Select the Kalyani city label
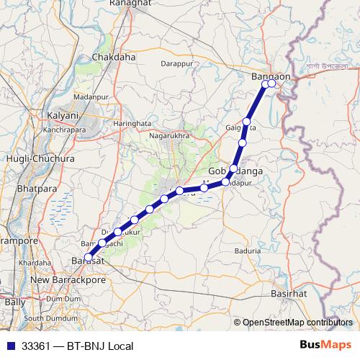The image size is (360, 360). pos(62,115)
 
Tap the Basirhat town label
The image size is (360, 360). pos(289,294)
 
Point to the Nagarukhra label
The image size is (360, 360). pos(168,135)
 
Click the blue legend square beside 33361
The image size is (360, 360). pos(11,346)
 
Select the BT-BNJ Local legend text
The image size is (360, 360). pos(100,346)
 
